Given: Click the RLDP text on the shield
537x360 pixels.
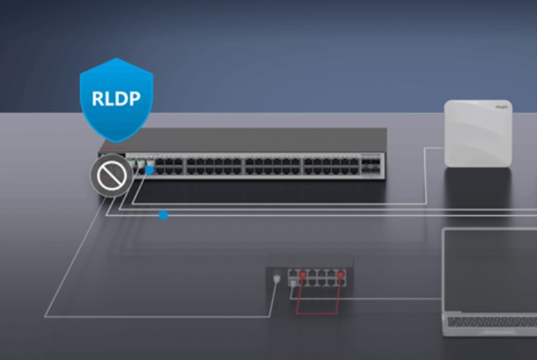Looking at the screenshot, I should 116,98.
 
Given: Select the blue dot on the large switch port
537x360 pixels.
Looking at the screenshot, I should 150,171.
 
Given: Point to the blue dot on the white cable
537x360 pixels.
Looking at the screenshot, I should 163,215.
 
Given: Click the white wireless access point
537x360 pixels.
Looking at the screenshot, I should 477,133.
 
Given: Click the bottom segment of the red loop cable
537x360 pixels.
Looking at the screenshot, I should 317,312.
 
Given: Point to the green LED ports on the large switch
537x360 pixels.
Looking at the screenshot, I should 137,163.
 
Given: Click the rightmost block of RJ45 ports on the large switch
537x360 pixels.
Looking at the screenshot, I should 329,166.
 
